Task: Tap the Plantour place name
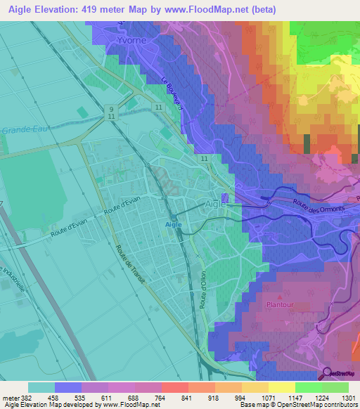tap(280, 306)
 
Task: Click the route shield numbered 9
tap(111, 109)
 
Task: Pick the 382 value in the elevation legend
tap(27, 397)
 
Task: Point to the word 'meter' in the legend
tap(10, 397)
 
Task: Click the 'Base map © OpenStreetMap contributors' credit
tap(297, 405)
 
